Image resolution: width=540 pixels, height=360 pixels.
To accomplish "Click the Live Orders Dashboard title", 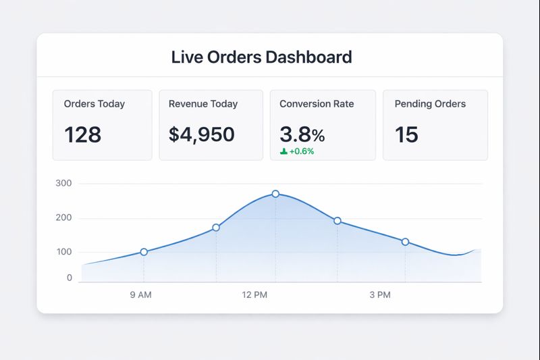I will (261, 57).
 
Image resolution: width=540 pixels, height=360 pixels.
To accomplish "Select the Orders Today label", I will (94, 104).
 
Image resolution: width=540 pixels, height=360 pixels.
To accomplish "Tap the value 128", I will (82, 134).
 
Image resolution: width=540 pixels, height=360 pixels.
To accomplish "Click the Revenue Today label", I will (203, 104).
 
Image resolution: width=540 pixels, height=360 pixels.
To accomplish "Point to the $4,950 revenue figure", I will (201, 134).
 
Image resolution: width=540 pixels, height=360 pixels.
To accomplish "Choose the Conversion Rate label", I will (317, 104).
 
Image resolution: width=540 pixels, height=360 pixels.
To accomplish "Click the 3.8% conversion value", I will (302, 134).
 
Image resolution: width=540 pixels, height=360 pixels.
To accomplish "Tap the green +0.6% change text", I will (302, 151).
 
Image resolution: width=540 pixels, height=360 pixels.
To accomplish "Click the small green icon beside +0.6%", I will (283, 151).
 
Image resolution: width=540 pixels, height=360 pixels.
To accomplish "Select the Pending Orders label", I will (430, 104).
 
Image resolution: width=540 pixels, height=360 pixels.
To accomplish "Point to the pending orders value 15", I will (406, 134).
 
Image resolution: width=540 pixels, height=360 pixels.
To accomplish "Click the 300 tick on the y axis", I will (65, 183).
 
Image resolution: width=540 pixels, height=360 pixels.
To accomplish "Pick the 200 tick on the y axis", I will (65, 217).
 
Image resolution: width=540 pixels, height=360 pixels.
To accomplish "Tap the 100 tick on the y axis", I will (65, 252).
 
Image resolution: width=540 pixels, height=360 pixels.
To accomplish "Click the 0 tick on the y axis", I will (70, 278).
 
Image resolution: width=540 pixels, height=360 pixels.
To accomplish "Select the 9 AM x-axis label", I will (140, 295).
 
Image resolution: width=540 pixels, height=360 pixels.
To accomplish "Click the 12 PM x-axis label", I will (254, 295).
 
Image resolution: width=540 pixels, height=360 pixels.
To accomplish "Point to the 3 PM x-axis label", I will (380, 295).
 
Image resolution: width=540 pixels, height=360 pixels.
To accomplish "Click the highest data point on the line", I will (275, 194).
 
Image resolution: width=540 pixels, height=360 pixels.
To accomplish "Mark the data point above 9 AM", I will (144, 252).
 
